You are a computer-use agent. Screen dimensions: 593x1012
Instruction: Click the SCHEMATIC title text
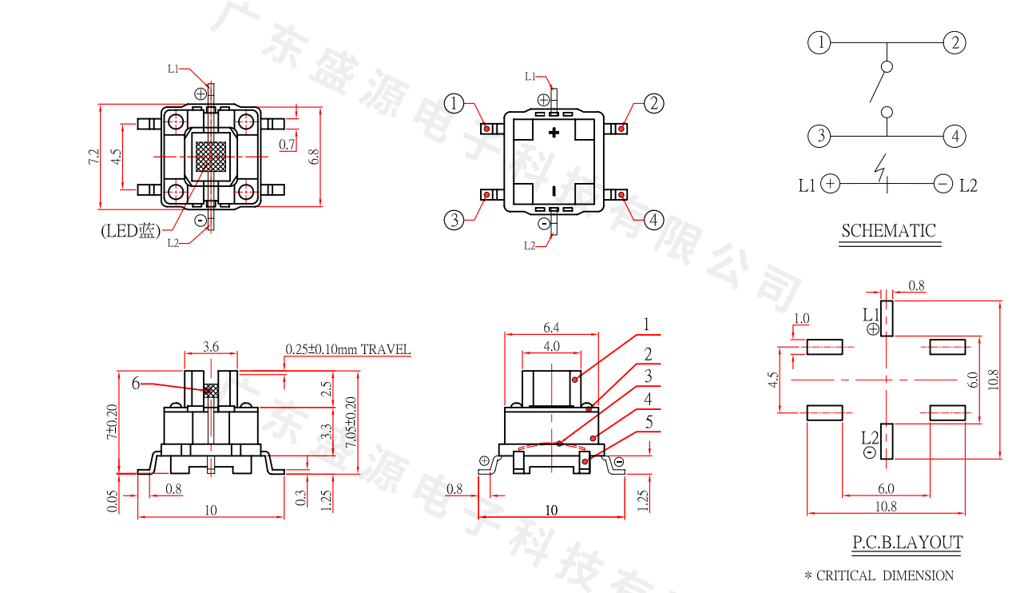(888, 231)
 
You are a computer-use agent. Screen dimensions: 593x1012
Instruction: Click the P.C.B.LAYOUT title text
(907, 543)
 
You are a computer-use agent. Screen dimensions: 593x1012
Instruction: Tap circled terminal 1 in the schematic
(820, 42)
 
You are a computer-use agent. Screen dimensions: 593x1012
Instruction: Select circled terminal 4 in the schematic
(954, 136)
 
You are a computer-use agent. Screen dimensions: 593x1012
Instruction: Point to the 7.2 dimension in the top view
(93, 157)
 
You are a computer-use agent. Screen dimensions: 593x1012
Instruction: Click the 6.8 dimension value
(315, 157)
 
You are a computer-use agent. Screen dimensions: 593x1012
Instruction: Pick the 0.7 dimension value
(288, 145)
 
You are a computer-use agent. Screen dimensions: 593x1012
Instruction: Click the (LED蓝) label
(130, 231)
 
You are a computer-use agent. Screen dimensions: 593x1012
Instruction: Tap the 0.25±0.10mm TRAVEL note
(348, 349)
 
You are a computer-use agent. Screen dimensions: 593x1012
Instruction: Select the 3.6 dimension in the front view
(211, 347)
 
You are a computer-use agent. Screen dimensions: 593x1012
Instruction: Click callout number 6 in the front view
(135, 384)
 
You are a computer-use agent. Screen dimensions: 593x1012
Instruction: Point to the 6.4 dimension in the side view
(552, 327)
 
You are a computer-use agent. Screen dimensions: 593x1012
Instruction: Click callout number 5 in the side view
(649, 422)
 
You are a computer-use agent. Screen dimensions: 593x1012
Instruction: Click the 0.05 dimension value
(111, 500)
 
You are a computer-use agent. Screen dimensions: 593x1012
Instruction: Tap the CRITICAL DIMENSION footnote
(879, 575)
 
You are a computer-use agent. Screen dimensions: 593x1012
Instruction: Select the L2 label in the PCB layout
(870, 438)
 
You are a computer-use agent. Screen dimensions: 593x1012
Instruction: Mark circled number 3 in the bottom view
(454, 220)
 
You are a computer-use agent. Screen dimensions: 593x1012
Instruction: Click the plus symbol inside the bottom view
(554, 133)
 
